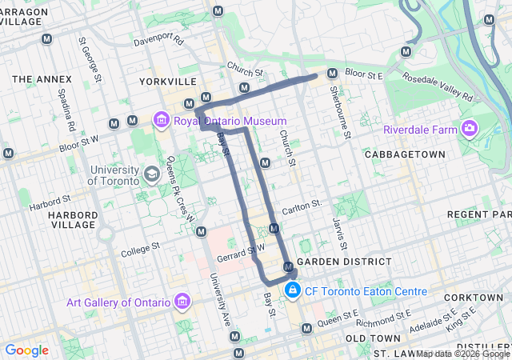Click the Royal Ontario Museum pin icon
click(162, 121)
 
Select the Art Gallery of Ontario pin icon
click(182, 302)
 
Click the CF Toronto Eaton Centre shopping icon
click(293, 290)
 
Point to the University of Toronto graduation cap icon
click(151, 174)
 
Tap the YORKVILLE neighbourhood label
click(167, 82)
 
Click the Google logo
click(26, 350)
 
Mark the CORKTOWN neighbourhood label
click(474, 297)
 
